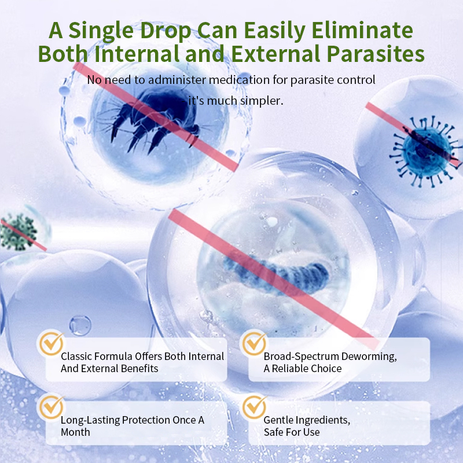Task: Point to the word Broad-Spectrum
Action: tap(301, 357)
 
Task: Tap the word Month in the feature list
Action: tap(75, 432)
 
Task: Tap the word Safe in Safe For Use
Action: tap(274, 432)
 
